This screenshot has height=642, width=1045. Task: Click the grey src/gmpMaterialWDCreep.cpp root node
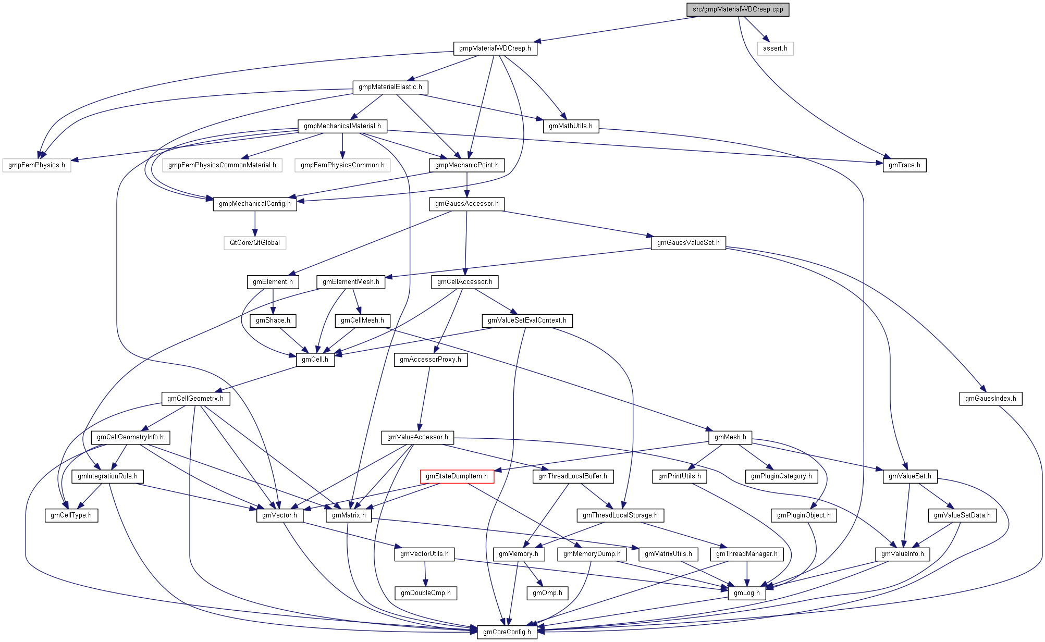click(x=737, y=9)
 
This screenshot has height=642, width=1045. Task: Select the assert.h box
click(x=775, y=48)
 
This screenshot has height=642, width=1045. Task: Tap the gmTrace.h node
click(x=904, y=165)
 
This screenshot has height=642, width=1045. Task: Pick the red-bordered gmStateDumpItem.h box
click(x=457, y=476)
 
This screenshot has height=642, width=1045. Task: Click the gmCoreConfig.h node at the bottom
click(x=507, y=632)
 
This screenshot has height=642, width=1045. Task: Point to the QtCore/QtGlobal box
click(x=255, y=243)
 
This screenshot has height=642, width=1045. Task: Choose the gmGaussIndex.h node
click(x=990, y=399)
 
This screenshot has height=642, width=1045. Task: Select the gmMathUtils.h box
click(x=571, y=126)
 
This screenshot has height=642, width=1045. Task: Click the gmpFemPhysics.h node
click(x=36, y=165)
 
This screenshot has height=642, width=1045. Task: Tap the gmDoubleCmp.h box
click(x=426, y=593)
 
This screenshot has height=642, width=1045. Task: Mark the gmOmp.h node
click(x=547, y=593)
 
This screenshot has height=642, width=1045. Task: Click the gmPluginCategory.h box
click(x=781, y=476)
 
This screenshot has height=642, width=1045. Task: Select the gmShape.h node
click(x=273, y=320)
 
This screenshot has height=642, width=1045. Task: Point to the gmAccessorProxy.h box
click(x=431, y=360)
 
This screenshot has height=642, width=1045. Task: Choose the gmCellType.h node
click(x=71, y=515)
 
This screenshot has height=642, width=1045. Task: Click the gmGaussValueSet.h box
click(x=688, y=243)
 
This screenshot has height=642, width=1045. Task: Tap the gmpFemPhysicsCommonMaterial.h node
click(x=222, y=165)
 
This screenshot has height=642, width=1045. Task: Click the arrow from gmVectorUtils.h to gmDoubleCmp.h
click(x=425, y=573)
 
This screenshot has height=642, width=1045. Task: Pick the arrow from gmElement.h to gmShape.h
click(x=273, y=301)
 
